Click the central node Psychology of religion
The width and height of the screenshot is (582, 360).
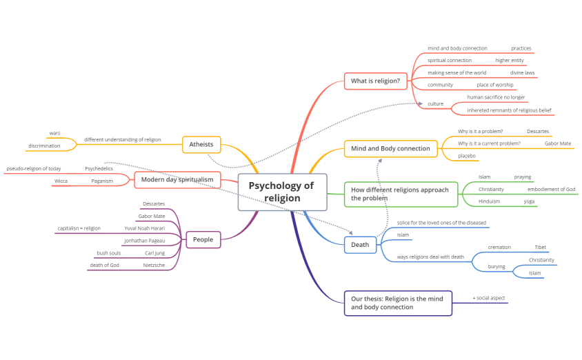pyautogui.click(x=281, y=192)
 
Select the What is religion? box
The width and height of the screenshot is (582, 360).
pyautogui.click(x=375, y=81)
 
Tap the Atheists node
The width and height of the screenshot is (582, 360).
pyautogui.click(x=201, y=145)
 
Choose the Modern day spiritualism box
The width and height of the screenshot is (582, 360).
pyautogui.click(x=177, y=181)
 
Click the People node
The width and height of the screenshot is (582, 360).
pyautogui.click(x=203, y=240)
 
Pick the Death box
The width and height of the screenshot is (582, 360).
pyautogui.click(x=360, y=245)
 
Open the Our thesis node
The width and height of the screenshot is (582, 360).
pyautogui.click(x=397, y=303)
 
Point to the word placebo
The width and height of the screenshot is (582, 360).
pyautogui.click(x=467, y=156)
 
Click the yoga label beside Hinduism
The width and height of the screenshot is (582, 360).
pyautogui.click(x=529, y=201)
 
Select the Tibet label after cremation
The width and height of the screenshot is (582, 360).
pyautogui.click(x=540, y=248)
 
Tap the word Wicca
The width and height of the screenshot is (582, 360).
pyautogui.click(x=61, y=181)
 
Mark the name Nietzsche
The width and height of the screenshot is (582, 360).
pyautogui.click(x=154, y=265)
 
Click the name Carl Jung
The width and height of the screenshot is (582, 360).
pyautogui.click(x=154, y=253)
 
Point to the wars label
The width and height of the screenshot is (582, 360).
pyautogui.click(x=54, y=133)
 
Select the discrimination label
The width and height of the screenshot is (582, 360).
pyautogui.click(x=44, y=146)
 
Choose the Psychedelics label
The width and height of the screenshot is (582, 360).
pyautogui.click(x=99, y=168)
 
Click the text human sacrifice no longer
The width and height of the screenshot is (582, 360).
pyautogui.click(x=496, y=97)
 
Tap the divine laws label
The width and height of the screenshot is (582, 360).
pyautogui.click(x=522, y=72)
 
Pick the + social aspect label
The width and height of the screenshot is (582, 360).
pyautogui.click(x=489, y=298)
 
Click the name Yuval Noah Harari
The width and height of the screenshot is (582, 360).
pyautogui.click(x=145, y=228)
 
